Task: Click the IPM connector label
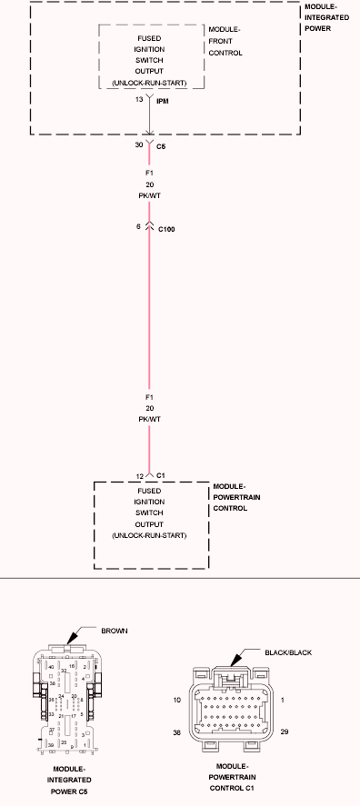pos(164,101)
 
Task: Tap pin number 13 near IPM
pos(139,100)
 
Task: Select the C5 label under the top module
pos(161,145)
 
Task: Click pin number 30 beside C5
pos(139,145)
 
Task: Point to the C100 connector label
pos(166,229)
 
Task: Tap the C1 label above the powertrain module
pos(161,475)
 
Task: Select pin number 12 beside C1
pos(139,475)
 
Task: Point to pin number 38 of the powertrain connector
pos(178,731)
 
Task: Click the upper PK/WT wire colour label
pos(149,195)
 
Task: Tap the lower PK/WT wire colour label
pos(149,419)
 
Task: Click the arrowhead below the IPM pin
pos(149,128)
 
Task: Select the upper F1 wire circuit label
pos(149,172)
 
